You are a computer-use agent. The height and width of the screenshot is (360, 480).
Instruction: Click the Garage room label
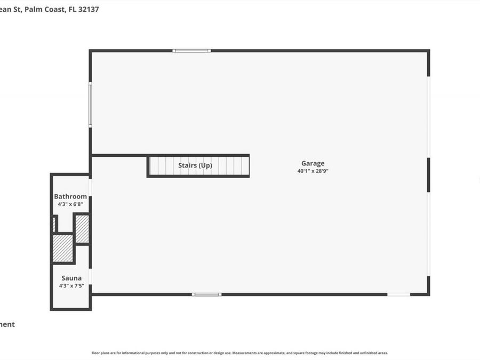point(313,164)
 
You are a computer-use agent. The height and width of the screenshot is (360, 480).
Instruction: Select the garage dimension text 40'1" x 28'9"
point(313,171)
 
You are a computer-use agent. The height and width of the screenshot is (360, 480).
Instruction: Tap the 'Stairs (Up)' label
point(195,165)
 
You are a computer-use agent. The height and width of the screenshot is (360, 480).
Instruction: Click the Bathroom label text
point(70,196)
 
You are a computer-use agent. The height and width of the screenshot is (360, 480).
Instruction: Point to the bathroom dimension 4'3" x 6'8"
point(70,204)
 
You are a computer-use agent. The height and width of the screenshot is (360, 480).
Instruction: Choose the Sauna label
point(71,278)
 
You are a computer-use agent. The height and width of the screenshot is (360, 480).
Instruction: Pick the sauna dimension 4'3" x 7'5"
point(71,285)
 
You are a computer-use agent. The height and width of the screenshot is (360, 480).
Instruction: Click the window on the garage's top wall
point(191,51)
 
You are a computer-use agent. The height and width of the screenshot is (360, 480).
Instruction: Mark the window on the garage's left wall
point(90,105)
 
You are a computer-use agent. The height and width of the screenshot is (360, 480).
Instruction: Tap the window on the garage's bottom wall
point(206,294)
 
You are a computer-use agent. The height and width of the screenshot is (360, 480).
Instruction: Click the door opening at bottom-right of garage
point(398,294)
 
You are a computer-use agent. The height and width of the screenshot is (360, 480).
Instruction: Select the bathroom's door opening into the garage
point(90,187)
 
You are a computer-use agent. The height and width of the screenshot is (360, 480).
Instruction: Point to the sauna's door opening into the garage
point(90,276)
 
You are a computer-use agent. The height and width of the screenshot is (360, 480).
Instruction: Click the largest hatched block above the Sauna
point(63,248)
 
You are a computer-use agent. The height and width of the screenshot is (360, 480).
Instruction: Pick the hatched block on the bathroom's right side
point(82,229)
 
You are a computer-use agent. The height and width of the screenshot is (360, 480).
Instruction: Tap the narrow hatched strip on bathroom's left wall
point(54,224)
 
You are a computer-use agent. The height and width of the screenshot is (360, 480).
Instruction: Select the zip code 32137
point(89,9)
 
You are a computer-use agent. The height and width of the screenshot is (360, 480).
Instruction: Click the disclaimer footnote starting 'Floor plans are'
point(239,353)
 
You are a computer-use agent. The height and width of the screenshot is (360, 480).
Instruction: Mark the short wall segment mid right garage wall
point(428,175)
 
